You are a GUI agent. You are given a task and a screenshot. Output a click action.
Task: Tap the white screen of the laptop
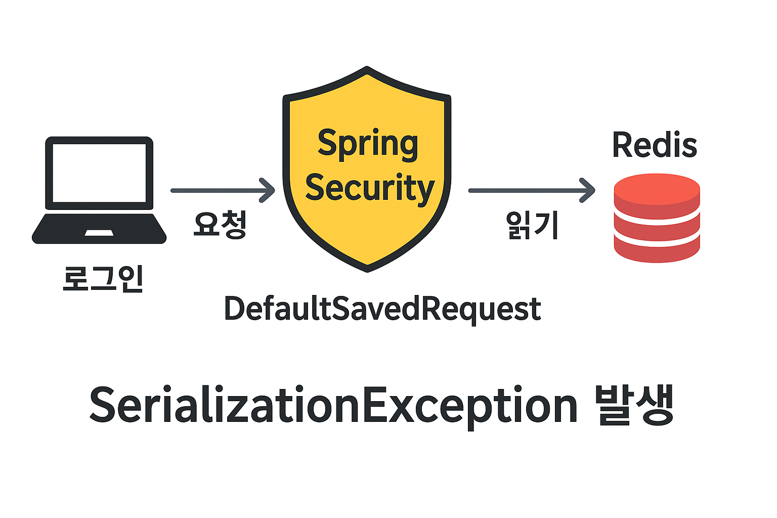pyautogui.click(x=99, y=172)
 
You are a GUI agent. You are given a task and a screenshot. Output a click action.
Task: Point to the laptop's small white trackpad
pyautogui.click(x=99, y=233)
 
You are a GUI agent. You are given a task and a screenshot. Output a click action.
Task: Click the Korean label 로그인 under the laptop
pyautogui.click(x=103, y=279)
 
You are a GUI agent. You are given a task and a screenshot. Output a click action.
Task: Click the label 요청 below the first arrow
pyautogui.click(x=220, y=224)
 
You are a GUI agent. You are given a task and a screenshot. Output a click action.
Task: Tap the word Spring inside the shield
pyautogui.click(x=368, y=144)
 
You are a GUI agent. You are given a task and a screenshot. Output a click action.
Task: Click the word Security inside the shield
pyautogui.click(x=370, y=188)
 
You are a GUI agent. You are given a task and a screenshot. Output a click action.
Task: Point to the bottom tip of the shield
pyautogui.click(x=367, y=268)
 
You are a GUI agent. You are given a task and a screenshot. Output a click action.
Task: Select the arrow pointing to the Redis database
pyautogui.click(x=531, y=191)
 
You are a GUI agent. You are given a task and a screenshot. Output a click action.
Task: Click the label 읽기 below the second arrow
pyautogui.click(x=532, y=225)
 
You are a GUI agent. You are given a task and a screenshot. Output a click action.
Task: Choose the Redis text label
pyautogui.click(x=655, y=145)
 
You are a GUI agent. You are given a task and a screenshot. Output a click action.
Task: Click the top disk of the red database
pyautogui.click(x=657, y=191)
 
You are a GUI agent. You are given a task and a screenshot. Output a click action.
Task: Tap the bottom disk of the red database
pyautogui.click(x=657, y=250)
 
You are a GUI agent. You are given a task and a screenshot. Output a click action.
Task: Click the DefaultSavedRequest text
pyautogui.click(x=382, y=309)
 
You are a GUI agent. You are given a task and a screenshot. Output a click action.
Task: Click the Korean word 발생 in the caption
pyautogui.click(x=634, y=405)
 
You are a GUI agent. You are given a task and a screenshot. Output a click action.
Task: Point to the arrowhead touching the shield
pyautogui.click(x=268, y=191)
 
